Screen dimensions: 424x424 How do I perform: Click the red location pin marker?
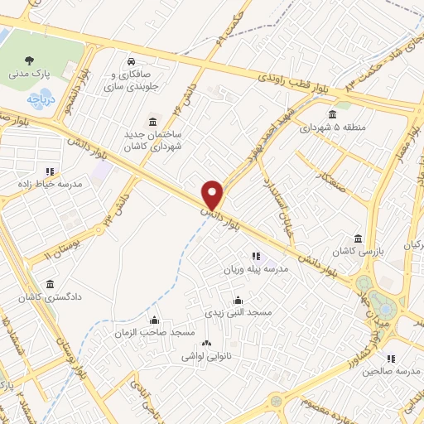213,195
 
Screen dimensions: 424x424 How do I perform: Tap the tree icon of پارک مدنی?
30,60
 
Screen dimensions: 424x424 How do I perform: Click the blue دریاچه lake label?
40,99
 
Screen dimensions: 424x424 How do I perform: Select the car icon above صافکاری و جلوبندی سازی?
131,62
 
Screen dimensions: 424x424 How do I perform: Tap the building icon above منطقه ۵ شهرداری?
332,114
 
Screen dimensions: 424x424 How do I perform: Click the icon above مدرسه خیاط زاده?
50,171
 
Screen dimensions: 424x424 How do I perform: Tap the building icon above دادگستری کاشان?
51,283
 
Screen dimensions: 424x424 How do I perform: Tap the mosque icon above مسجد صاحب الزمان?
152,320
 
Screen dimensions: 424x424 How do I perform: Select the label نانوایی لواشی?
207,356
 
